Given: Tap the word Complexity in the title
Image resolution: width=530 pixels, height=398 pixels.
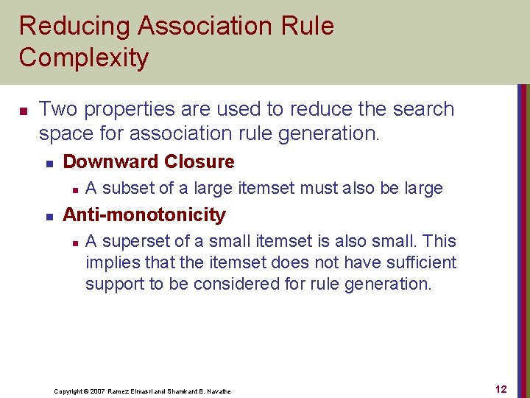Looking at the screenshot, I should coord(84,57).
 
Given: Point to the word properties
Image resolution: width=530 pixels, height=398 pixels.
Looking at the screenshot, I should coord(128,109).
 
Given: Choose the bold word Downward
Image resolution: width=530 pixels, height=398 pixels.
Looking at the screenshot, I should coord(111,161).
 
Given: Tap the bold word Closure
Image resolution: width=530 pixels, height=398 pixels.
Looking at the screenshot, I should coord(199,161).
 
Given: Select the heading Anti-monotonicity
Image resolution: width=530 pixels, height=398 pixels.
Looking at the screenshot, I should coord(144,214).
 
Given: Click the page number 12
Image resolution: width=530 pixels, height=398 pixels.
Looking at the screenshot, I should coord(501,389).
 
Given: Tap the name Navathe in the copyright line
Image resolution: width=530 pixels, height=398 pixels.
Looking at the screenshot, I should coord(216,391).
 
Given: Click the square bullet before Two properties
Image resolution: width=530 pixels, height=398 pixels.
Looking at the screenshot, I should coord(22,111).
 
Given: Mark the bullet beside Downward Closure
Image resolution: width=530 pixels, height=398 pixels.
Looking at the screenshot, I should coord(49,163).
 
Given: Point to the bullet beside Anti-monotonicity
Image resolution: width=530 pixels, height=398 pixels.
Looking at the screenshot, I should coord(49,216).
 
